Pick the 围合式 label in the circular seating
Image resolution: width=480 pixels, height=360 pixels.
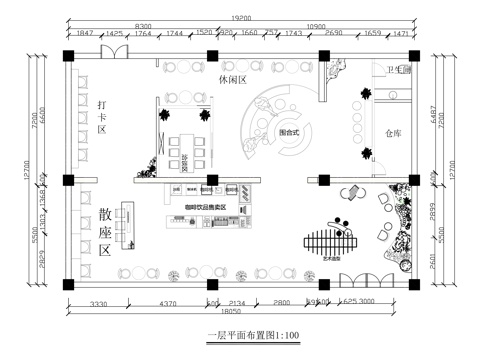(290, 131)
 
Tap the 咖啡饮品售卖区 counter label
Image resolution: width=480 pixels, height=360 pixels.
(205, 207)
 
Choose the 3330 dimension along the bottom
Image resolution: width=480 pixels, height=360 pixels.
(99, 302)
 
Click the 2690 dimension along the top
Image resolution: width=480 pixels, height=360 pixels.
(333, 34)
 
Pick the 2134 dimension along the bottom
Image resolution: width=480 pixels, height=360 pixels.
(236, 302)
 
